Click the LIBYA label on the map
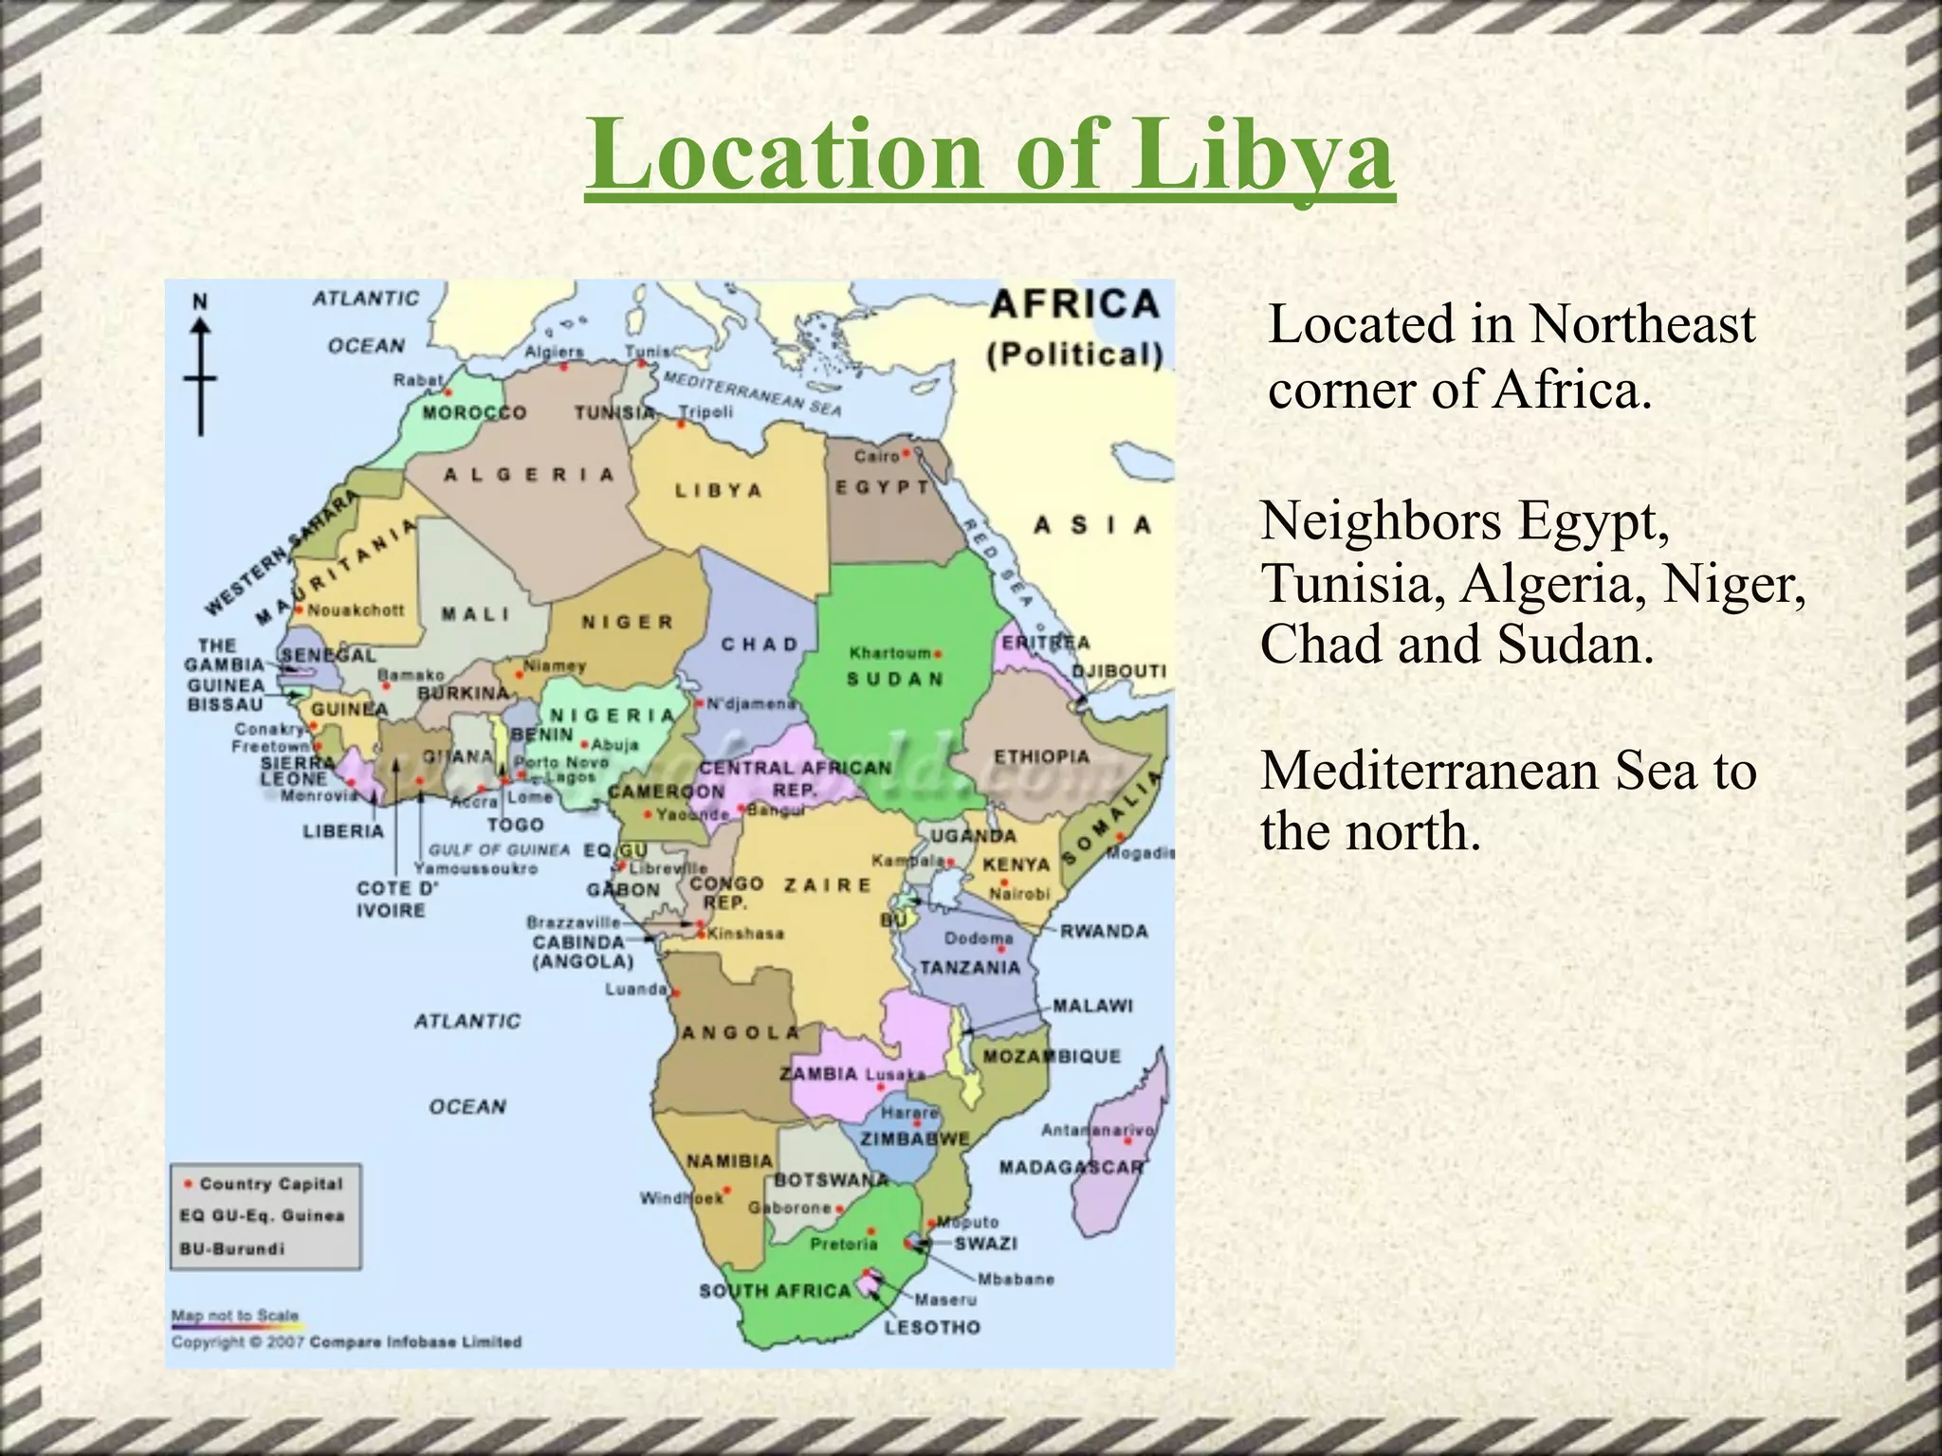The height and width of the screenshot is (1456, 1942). coord(718,491)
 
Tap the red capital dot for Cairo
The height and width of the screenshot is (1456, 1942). coord(906,454)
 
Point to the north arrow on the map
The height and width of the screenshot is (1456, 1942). coord(200,370)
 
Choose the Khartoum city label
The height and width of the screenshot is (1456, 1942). coord(889,653)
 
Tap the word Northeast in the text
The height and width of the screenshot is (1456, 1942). coord(1642,324)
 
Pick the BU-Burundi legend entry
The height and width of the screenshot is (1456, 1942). coord(232,1248)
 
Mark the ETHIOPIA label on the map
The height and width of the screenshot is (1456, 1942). coord(1041,756)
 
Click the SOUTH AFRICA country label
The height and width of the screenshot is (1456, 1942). coord(775,1290)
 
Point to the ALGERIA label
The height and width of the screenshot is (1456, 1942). coord(529,474)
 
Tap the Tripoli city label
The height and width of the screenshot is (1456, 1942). coord(705,412)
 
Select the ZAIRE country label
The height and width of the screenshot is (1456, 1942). coord(827,884)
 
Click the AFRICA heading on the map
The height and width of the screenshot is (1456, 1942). coord(1074,305)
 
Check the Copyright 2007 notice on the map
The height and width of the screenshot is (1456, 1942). coord(346,1342)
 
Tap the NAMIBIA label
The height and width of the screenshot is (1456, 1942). coord(729,1160)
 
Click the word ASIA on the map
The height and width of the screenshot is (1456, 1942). coord(1092,525)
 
